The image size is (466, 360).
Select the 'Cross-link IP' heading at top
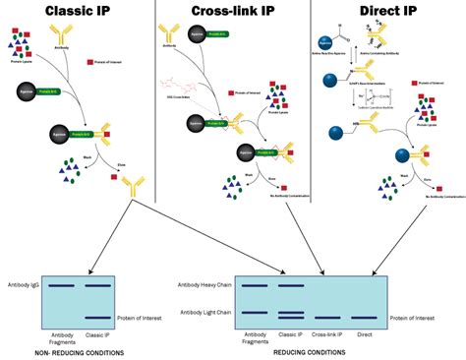tap(231, 12)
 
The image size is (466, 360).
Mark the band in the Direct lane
tap(366, 318)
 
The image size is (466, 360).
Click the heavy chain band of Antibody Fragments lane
tap(254, 286)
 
